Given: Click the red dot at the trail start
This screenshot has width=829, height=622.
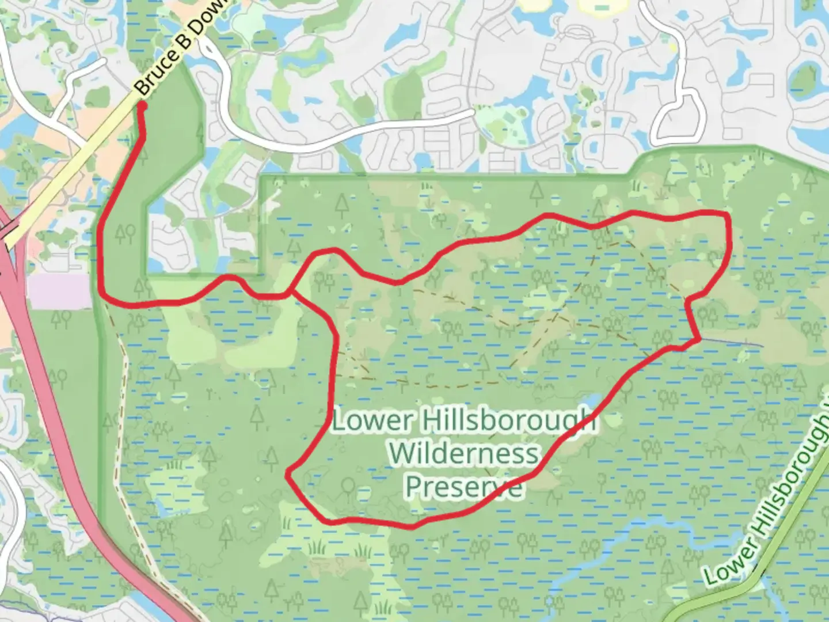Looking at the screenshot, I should click(142, 105).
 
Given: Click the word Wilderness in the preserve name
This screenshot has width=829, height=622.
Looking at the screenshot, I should click(463, 454).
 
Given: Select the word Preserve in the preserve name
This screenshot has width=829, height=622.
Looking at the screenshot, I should click(464, 487).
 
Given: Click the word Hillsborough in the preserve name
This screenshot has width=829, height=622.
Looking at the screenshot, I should click(509, 421).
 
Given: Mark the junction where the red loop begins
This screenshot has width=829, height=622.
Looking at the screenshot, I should click(291, 294).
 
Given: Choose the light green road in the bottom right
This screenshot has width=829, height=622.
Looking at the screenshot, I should click(720, 599).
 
